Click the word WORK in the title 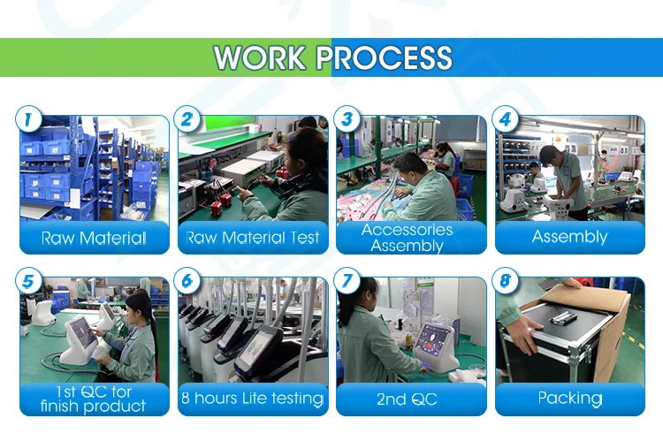pos(260,57)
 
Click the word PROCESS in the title pos(385,57)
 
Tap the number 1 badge pos(28,118)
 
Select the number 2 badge pos(187,118)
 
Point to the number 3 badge pos(347,118)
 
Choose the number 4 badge pos(506,118)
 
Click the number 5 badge pos(28,281)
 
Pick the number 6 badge pos(187,281)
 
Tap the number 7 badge pos(347,281)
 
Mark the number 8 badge pos(506,281)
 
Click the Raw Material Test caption pos(253,238)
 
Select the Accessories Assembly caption pos(408,238)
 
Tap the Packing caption pos(570,399)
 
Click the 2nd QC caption pos(407,399)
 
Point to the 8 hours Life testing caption pos(253,399)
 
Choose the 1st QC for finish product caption pos(94,399)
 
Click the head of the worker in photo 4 pos(552,156)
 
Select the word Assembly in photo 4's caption pos(570,237)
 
